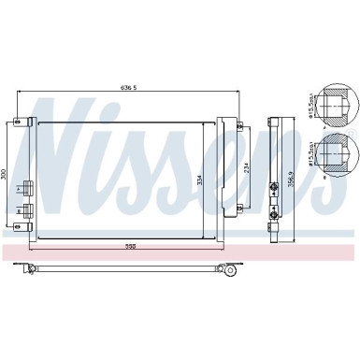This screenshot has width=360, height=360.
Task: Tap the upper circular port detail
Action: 334,109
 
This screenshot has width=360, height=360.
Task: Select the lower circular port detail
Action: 334,156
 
